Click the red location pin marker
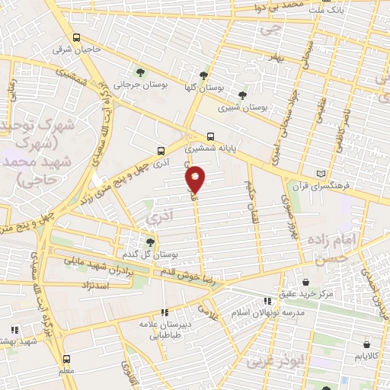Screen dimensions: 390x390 (196, 179)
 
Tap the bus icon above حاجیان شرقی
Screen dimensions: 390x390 (76, 37)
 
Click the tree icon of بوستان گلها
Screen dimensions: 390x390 (203, 76)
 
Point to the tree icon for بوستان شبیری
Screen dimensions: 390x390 (242, 95)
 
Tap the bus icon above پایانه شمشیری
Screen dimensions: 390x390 (211, 138)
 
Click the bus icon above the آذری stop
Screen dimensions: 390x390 (160, 151)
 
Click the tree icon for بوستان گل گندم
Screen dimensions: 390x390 (150, 241)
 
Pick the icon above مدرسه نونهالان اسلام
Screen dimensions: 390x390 (267, 300)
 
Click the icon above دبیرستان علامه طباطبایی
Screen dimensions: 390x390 (164, 311)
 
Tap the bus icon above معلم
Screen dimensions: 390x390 (66, 358)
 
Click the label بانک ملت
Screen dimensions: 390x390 (331, 11)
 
